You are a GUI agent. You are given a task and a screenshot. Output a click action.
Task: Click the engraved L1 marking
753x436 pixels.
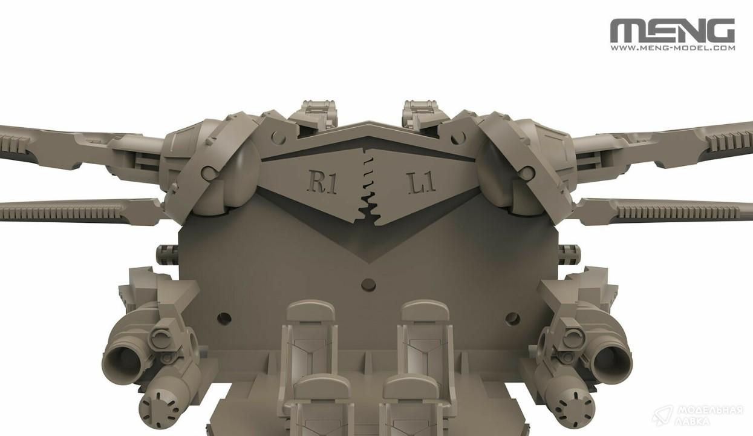pyautogui.click(x=422, y=183)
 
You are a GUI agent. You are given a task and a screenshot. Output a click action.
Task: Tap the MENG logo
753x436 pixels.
pyautogui.click(x=673, y=30)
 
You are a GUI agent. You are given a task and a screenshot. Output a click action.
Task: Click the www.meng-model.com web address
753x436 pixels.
pyautogui.click(x=673, y=48)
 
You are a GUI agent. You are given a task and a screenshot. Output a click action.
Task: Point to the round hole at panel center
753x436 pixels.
pyautogui.click(x=368, y=285)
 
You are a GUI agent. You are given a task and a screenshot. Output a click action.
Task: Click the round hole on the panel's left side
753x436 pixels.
pyautogui.click(x=224, y=318)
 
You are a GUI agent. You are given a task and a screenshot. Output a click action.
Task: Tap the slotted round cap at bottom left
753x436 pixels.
pyautogui.click(x=160, y=408)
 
